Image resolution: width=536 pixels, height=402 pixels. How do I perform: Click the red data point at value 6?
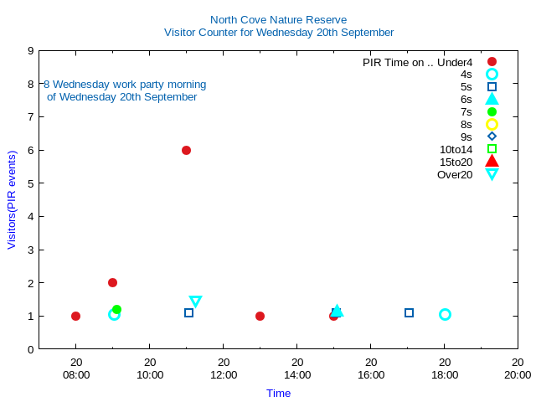186,151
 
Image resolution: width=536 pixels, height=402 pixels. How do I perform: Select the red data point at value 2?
112,283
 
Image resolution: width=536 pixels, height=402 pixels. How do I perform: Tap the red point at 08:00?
75,317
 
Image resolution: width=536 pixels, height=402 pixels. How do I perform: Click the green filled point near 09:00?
116,310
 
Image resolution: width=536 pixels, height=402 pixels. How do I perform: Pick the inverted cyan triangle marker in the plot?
195,301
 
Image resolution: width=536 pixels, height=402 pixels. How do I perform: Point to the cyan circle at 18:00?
445,315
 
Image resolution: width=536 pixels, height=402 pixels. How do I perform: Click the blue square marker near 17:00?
409,313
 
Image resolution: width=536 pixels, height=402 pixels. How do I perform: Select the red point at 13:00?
260,317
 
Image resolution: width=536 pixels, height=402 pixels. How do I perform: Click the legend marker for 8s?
492,124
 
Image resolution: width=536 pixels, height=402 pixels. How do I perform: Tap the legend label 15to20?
456,162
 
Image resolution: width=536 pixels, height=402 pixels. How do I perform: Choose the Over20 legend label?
455,174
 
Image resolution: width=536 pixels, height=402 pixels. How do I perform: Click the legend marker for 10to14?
492,149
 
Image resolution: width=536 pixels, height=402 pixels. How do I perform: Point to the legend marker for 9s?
492,137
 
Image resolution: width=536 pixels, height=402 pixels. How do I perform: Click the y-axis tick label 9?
30,51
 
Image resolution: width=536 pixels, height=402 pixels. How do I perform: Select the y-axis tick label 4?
30,217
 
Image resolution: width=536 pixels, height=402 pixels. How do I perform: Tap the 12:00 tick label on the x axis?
224,374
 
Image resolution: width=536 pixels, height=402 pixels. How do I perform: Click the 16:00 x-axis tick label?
371,374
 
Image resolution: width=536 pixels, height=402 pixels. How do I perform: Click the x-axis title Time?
278,393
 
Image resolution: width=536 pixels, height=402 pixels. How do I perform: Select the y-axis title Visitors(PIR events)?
12,200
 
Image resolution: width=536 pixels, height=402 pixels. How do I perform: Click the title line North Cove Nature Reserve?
278,20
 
